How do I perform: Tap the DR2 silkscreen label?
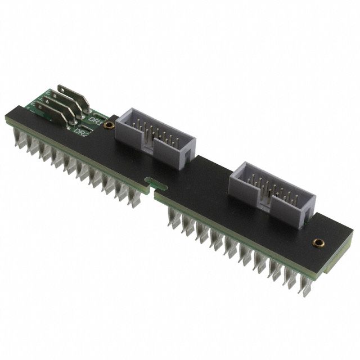click(82, 133)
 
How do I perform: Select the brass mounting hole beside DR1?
click(111, 125)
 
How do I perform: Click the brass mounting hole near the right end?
click(318, 244)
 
